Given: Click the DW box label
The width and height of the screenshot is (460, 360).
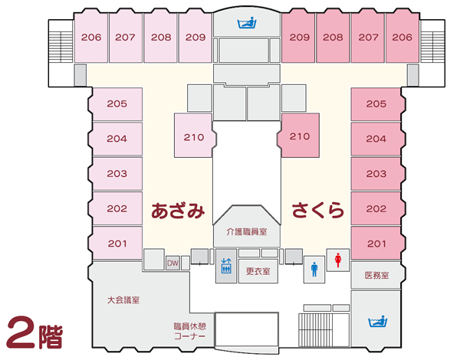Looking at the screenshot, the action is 172,263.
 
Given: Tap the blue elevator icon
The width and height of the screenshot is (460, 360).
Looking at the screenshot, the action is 226,266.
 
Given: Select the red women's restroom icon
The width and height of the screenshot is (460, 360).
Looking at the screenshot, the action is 338,260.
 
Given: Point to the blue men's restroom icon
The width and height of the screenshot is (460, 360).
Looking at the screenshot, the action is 314,270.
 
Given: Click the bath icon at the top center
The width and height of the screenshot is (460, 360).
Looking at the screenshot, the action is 247,23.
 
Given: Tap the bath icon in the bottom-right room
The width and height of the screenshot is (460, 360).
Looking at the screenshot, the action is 377,322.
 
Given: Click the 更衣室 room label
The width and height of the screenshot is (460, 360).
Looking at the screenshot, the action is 258,271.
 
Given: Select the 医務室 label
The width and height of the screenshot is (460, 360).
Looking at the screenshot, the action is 376,275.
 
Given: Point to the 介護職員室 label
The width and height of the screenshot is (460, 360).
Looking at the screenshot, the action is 247,232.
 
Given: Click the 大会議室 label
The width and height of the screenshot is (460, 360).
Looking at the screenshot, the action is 123,300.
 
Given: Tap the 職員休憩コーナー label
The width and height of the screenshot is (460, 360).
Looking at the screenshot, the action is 190,331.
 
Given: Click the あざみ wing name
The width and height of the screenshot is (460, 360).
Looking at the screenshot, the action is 178,211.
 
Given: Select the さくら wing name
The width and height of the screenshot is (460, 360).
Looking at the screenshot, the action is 317,210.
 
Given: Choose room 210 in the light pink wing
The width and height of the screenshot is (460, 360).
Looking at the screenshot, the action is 194,137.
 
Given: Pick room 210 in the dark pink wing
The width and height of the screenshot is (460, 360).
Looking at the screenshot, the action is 300,136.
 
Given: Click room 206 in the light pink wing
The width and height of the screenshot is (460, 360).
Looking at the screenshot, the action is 91,38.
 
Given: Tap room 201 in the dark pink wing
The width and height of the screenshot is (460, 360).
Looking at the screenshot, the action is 376,244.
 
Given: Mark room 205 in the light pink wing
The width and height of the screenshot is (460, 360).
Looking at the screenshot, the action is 117,103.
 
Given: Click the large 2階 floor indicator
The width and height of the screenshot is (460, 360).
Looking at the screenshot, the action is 34,332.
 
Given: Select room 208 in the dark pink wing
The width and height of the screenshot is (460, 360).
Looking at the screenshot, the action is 333,38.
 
